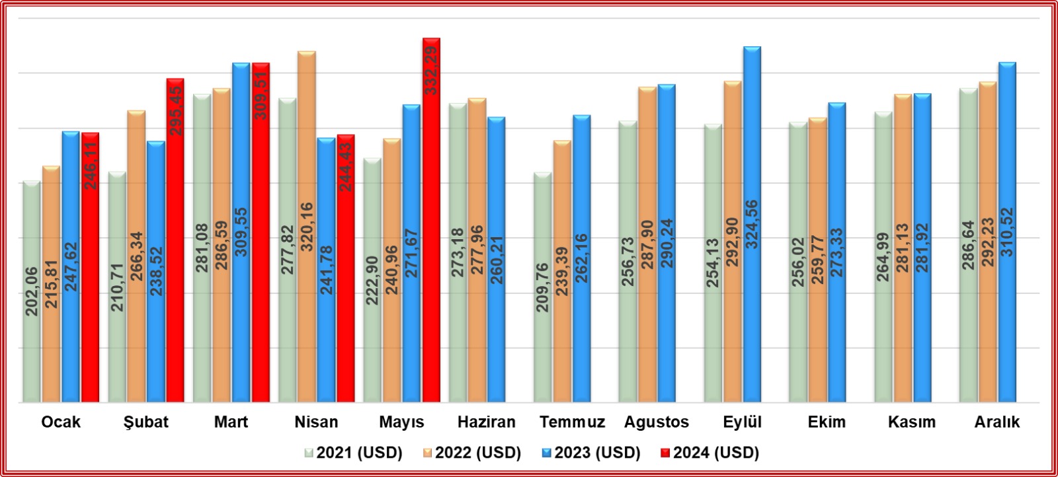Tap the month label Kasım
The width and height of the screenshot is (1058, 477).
pyautogui.click(x=911, y=422)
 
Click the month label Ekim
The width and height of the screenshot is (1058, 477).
pyautogui.click(x=827, y=422)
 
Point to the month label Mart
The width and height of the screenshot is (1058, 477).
pyautogui.click(x=231, y=422)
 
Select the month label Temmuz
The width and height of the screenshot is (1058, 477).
pyautogui.click(x=572, y=422)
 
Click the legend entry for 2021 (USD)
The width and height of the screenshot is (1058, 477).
pyautogui.click(x=353, y=453)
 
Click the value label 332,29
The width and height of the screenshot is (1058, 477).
pyautogui.click(x=431, y=70)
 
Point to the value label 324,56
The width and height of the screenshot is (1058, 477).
pyautogui.click(x=752, y=225)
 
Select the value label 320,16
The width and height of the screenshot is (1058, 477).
pyautogui.click(x=307, y=227)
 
